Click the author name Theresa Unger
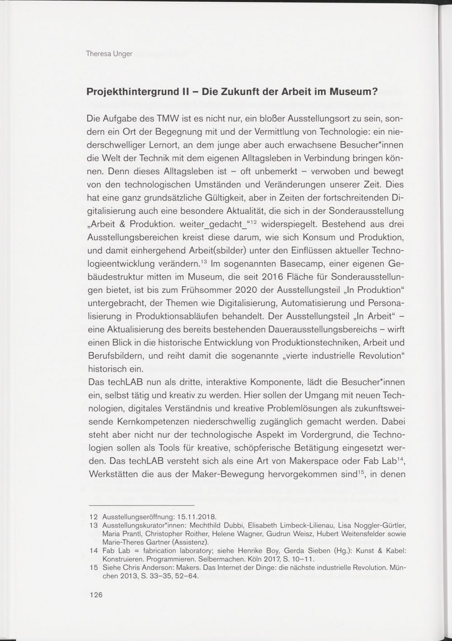click(109, 54)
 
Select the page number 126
click(96, 594)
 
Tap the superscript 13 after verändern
click(204, 261)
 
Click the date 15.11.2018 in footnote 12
click(197, 516)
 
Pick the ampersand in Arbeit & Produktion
click(119, 224)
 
